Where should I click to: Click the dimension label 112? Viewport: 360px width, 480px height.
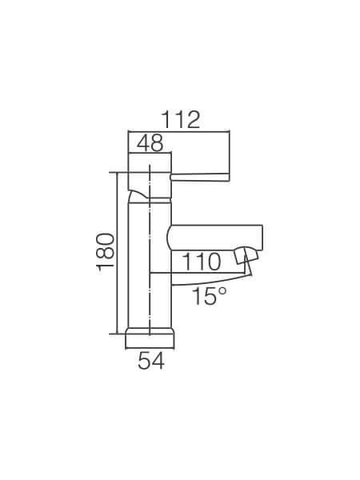tap(180, 120)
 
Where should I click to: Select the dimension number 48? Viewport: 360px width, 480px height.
tap(150, 143)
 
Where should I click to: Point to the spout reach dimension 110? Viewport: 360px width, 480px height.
tap(201, 262)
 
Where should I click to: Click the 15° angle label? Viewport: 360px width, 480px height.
tap(210, 296)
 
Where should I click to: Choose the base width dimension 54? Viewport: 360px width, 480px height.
tap(151, 361)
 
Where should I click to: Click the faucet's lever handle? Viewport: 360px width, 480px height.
tap(199, 177)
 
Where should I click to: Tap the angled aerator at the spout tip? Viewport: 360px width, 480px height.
tap(246, 256)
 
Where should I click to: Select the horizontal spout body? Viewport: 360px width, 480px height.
tap(215, 238)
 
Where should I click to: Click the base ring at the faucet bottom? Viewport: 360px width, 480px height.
tap(150, 331)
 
